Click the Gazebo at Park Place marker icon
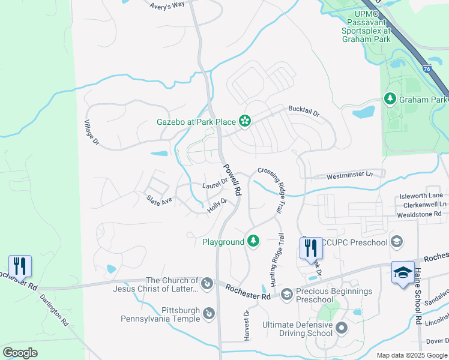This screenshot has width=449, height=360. click(244, 122)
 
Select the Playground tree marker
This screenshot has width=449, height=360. click(253, 241)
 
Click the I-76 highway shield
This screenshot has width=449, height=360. click(426, 69)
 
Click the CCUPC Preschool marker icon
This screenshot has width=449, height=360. click(396, 242)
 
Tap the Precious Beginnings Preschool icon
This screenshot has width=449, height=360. click(286, 293)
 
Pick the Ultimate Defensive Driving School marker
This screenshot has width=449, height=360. click(342, 328)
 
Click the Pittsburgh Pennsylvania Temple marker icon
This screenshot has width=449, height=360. click(208, 313)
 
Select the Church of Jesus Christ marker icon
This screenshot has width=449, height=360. click(206, 283)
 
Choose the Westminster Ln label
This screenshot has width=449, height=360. click(349, 176)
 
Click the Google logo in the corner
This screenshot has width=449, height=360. click(20, 353)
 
